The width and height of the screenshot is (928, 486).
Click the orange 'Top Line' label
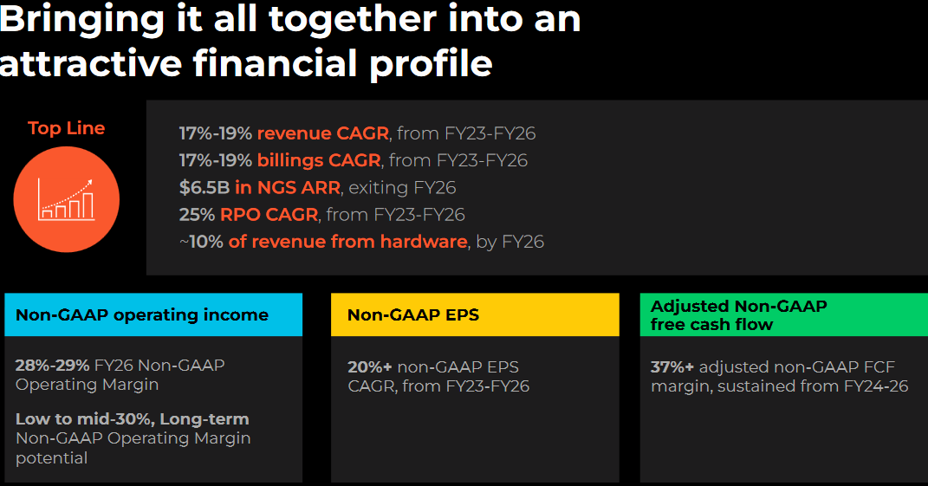[66, 128]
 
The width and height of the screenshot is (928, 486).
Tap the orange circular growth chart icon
[66, 199]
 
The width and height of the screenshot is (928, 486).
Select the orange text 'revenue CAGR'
[323, 133]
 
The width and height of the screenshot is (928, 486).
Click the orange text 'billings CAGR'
[319, 160]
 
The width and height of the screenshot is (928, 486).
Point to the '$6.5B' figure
[204, 188]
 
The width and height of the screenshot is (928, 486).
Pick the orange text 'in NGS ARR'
[288, 188]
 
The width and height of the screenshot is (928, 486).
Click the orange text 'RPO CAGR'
[269, 214]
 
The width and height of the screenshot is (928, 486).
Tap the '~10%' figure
[201, 242]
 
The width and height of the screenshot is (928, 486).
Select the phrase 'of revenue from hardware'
[348, 242]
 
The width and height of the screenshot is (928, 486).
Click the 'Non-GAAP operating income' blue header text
[142, 315]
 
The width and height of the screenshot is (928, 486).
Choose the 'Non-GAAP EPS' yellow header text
[413, 315]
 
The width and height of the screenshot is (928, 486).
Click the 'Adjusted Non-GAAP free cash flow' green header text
[738, 315]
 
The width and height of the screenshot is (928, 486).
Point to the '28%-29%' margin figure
[52, 366]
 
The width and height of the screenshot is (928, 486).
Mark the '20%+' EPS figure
[370, 367]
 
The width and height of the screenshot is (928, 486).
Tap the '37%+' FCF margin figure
[672, 367]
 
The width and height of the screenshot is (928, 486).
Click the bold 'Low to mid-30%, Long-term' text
[133, 419]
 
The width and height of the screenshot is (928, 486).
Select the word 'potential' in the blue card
[51, 458]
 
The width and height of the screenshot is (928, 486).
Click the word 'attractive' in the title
[91, 63]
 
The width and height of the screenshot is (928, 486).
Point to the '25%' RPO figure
[197, 214]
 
